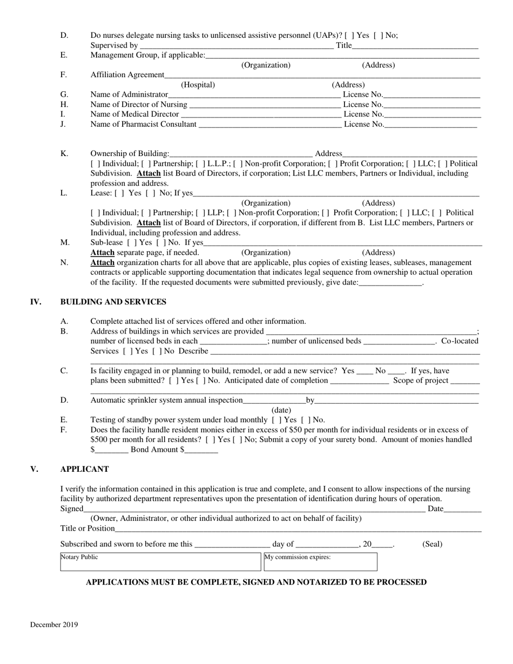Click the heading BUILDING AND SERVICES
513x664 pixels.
click(x=113, y=302)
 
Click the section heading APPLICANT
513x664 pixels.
click(x=84, y=469)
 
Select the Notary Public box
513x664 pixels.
click(x=160, y=561)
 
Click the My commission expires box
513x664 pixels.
click(x=320, y=561)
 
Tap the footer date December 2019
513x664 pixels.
click(x=54, y=625)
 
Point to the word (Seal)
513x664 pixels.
click(x=432, y=544)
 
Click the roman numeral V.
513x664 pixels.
click(x=34, y=469)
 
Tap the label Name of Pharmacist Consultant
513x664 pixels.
click(x=143, y=124)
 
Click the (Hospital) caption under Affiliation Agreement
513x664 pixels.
click(x=198, y=85)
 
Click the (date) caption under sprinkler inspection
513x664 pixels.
click(x=281, y=410)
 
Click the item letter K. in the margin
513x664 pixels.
click(x=64, y=154)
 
